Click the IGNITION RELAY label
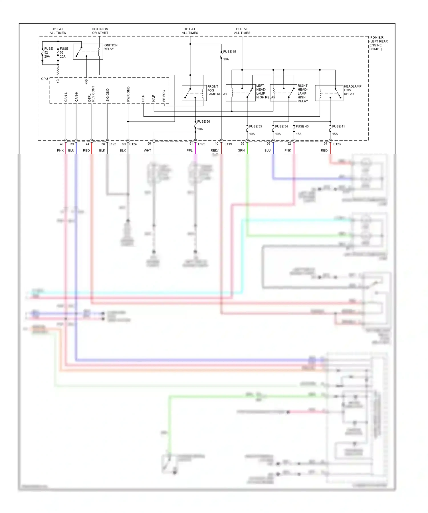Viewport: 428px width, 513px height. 110,47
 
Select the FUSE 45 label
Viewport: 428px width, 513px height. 229,52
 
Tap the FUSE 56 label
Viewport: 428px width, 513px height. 203,121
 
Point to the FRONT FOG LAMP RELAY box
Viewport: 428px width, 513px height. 194,93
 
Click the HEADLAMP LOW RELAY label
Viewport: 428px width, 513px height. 352,90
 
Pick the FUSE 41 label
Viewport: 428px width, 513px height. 338,126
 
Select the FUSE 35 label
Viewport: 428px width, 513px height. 255,126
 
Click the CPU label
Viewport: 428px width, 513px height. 45,79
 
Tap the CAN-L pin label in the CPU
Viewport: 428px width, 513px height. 66,97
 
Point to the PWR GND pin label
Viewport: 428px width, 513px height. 128,94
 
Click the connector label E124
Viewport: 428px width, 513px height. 133,144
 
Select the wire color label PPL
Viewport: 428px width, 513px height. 189,151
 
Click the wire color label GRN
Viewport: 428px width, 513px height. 241,151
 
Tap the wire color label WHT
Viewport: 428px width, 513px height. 148,151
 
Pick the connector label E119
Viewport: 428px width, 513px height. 228,144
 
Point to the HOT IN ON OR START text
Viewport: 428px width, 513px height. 100,31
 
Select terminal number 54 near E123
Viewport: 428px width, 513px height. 325,143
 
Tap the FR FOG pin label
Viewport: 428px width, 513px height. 164,96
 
